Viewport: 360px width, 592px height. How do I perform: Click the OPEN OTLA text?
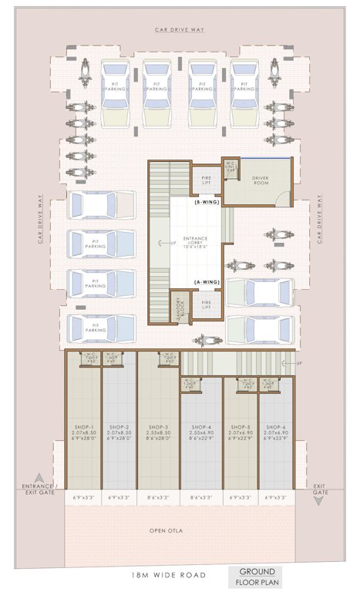click(180, 531)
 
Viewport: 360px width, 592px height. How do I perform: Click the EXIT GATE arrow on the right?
click(318, 499)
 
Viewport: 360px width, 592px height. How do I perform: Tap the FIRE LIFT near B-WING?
click(205, 179)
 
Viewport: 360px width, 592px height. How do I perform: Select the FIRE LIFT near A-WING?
click(206, 304)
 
